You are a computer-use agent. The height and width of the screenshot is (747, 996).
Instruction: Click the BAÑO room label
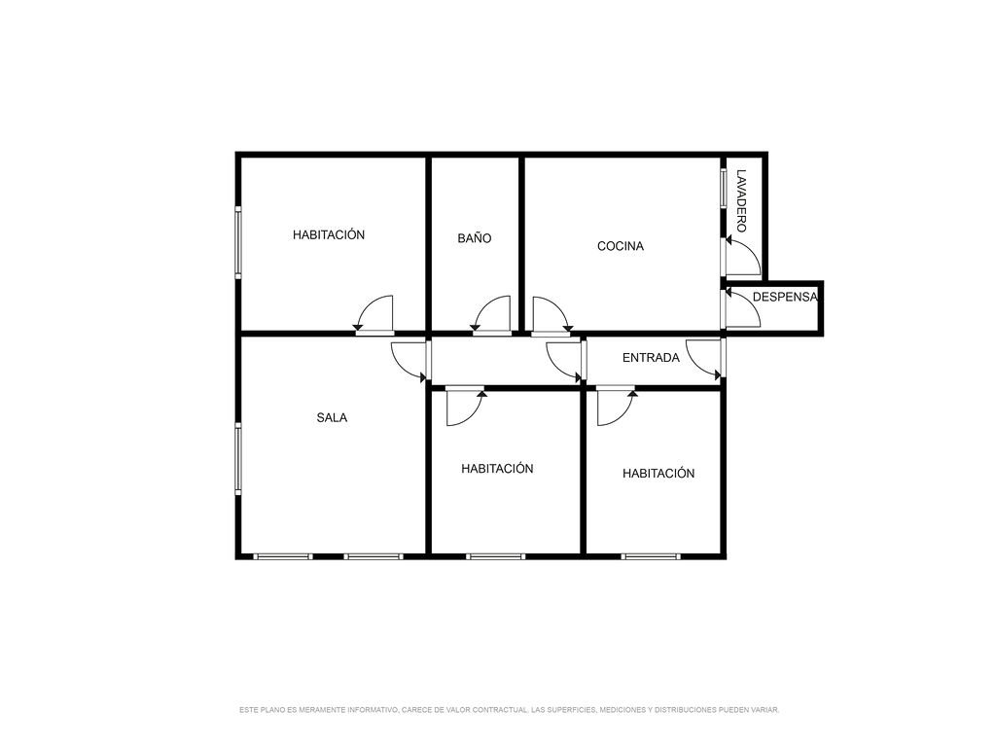tap(475, 238)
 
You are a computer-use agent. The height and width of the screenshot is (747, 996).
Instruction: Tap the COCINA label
tap(621, 246)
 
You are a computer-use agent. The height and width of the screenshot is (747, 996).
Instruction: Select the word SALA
tap(332, 417)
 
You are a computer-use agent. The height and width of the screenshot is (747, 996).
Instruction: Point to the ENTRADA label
tap(651, 358)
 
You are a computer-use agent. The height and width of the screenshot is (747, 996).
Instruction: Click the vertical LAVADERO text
tap(741, 200)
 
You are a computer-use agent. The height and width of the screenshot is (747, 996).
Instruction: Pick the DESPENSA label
tap(785, 297)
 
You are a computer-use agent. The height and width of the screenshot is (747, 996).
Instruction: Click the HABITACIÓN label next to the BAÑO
tap(329, 234)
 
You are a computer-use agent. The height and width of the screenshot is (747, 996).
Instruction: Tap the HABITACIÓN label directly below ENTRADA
tap(658, 474)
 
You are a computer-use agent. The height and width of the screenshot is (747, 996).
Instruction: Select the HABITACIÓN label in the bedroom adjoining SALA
tap(497, 468)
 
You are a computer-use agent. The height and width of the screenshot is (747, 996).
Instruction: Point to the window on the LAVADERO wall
tap(724, 188)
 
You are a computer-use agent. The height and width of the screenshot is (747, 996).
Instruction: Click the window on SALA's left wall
tap(238, 459)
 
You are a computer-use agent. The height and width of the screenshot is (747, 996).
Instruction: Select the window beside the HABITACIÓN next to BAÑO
tap(238, 241)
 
